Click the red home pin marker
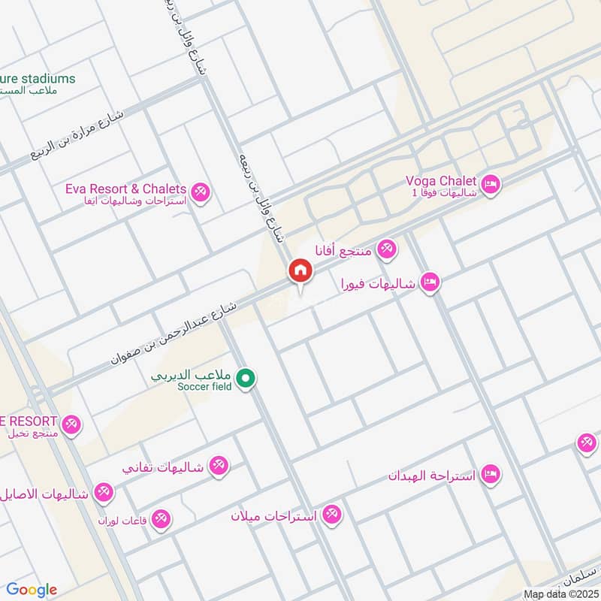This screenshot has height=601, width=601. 300,271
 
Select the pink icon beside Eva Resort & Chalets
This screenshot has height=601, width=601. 200,192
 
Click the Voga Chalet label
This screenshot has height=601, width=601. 441,181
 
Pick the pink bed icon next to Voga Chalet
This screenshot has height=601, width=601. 491,183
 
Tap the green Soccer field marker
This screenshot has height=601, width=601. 244,379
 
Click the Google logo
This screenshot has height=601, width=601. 32,590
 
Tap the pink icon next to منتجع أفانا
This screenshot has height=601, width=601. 387,249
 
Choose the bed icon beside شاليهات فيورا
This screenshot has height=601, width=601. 430,282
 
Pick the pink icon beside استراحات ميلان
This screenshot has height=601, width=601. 331,515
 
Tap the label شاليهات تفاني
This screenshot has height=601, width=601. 163,467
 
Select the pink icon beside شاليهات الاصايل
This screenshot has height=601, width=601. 103,493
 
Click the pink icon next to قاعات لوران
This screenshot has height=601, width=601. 161,518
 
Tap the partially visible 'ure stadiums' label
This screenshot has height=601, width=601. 38,78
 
